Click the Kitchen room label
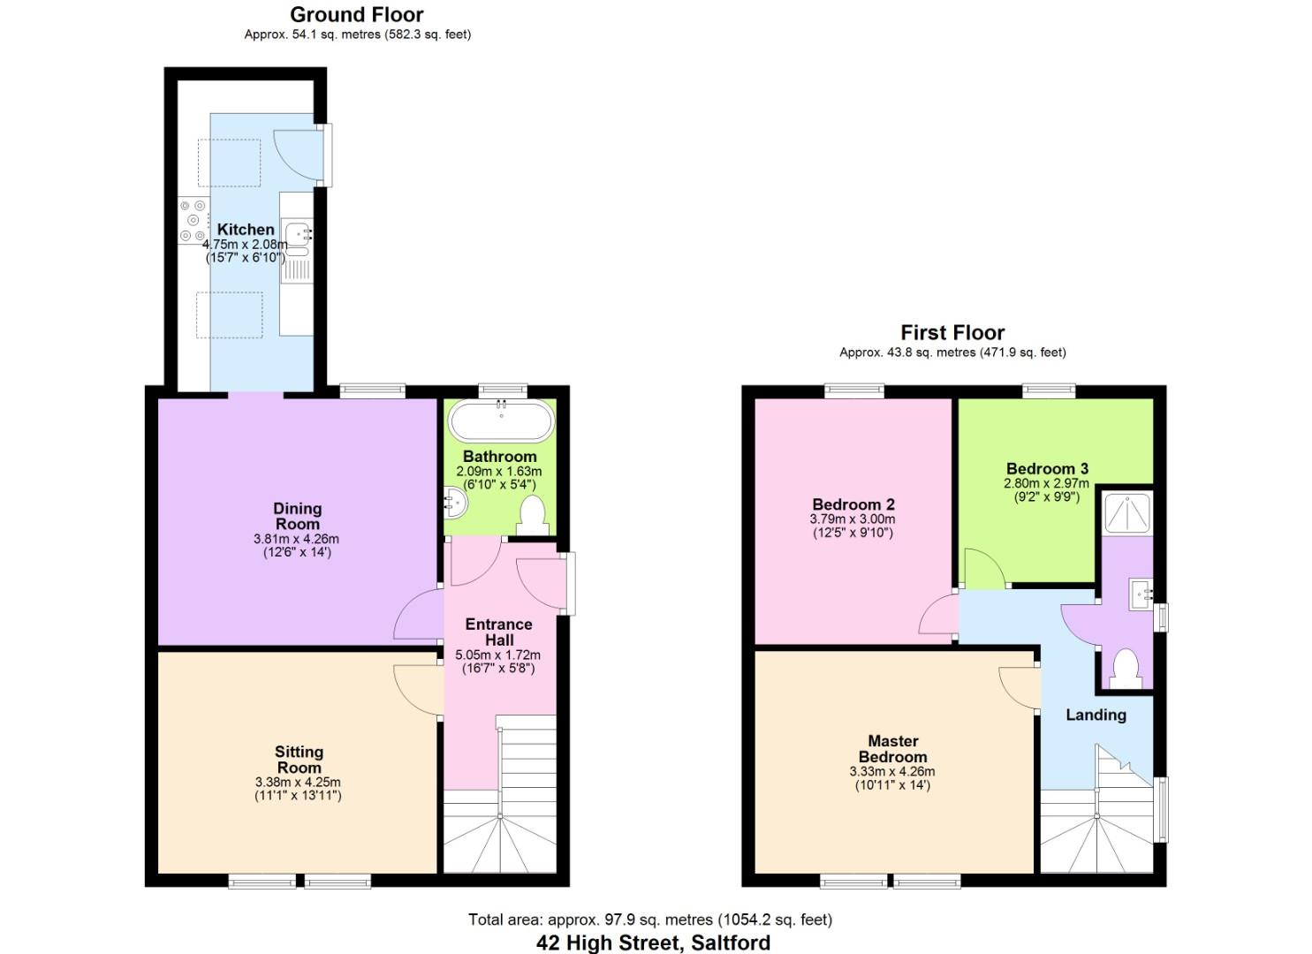[x=246, y=230]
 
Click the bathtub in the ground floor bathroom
[x=501, y=421]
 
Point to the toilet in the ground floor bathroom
[x=531, y=516]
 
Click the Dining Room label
[x=297, y=516]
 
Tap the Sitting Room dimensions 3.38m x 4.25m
[x=298, y=782]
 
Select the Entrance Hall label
[x=498, y=632]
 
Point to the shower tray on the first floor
[x=1128, y=511]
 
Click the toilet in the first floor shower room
[x=1125, y=669]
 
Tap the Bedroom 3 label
[x=1047, y=469]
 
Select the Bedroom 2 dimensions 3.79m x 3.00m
[x=853, y=519]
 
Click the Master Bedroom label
[x=892, y=748]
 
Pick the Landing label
[x=1096, y=715]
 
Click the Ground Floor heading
[x=356, y=15]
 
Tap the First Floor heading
[x=952, y=333]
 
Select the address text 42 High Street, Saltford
[x=653, y=943]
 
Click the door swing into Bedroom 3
[x=983, y=570]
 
